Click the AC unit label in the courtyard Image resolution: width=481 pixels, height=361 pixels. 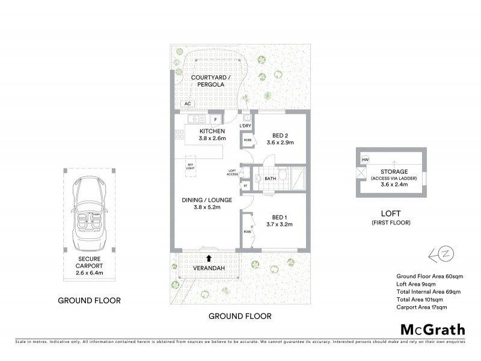pos(179,104)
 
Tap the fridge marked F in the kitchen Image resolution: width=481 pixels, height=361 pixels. pos(215,119)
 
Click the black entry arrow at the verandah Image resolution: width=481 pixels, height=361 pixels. pos(209,258)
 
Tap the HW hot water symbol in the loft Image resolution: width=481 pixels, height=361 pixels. pos(364,159)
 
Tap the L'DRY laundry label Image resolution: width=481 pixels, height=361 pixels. pos(245,126)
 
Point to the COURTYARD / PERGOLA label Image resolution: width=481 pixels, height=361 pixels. pos(207,82)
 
